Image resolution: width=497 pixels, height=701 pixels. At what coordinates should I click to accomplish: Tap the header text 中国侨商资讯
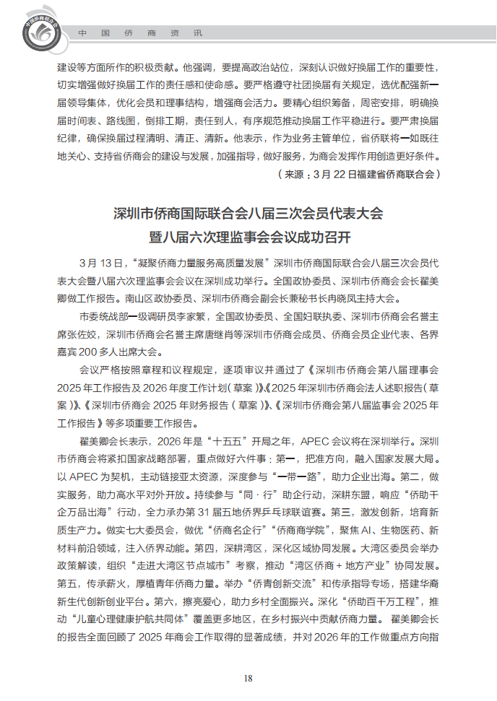coord(140,33)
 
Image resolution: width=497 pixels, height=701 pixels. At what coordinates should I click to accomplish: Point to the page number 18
coord(248,678)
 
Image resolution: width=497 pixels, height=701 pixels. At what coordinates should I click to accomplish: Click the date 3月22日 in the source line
coord(328,174)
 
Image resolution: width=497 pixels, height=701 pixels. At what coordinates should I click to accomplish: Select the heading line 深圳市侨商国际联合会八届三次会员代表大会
coord(248,213)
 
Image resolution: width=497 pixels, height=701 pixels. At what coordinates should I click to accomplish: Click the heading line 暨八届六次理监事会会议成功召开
coord(248,236)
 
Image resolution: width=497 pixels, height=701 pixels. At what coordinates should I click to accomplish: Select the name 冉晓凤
coord(360,297)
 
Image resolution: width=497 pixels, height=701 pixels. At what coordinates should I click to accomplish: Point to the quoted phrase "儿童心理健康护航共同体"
coord(150,619)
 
